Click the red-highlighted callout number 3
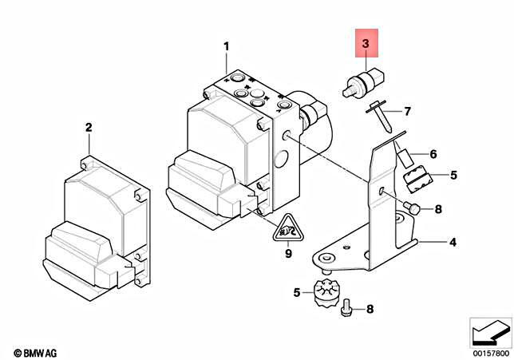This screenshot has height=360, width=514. click(364, 45)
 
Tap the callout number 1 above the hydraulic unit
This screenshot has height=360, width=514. click(226, 45)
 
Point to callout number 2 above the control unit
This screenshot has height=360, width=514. click(89, 127)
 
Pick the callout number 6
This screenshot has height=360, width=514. click(433, 154)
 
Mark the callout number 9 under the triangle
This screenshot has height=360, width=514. click(288, 255)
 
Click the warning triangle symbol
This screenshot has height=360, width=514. click(288, 231)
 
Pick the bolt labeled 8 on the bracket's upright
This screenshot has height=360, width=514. click(412, 208)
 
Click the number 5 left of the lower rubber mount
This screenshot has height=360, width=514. click(296, 293)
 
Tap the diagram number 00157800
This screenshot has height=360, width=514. click(489, 351)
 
